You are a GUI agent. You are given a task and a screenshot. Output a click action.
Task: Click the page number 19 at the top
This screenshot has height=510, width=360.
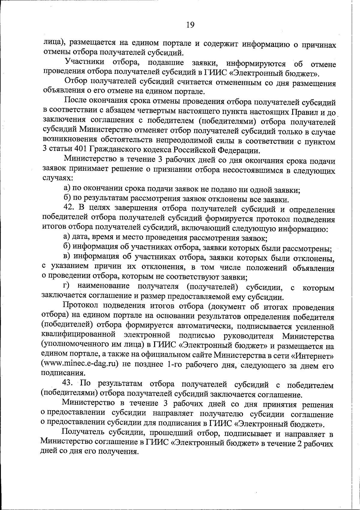point(190,25)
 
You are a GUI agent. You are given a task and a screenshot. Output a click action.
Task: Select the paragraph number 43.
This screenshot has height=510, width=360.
point(68,384)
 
